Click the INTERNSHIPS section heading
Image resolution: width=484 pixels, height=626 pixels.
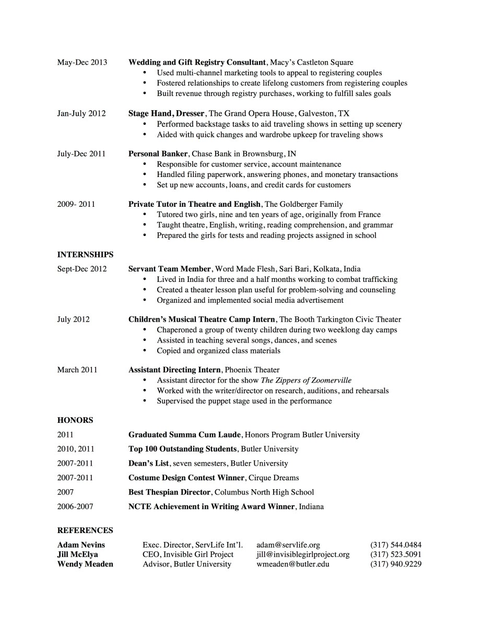tap(85, 255)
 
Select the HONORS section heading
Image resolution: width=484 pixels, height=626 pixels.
tap(75, 420)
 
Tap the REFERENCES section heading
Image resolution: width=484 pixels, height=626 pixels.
tap(85, 530)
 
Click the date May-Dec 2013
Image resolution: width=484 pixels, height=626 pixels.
tap(82, 62)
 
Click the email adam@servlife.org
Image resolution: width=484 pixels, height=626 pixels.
tap(288, 545)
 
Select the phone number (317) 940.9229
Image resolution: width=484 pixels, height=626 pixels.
tap(396, 564)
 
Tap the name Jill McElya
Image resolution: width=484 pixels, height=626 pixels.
tap(77, 554)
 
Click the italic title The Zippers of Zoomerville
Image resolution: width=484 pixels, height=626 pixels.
tap(306, 380)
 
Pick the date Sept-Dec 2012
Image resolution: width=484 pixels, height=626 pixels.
tap(82, 269)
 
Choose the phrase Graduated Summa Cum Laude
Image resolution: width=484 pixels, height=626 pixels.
tap(184, 434)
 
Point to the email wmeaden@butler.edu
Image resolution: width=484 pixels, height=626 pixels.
tap(293, 564)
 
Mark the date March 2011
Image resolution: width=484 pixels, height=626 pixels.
tap(77, 370)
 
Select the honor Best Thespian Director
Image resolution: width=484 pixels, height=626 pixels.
tap(170, 492)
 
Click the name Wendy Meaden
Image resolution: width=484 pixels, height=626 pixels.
tap(85, 564)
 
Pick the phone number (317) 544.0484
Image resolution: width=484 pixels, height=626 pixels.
tap(396, 545)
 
